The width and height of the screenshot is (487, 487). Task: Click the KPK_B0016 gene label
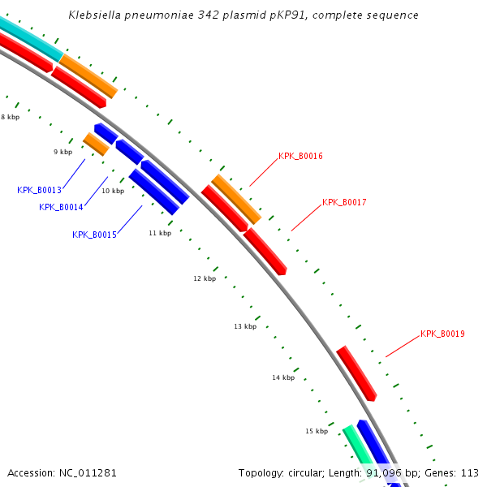pyautogui.click(x=300, y=156)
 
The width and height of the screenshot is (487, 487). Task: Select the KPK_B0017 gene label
pyautogui.click(x=344, y=202)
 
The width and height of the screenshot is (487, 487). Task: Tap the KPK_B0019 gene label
pyautogui.click(x=442, y=334)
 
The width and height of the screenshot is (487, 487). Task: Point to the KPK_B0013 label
pyautogui.click(x=39, y=190)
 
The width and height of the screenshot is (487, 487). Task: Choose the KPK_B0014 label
pyautogui.click(x=61, y=207)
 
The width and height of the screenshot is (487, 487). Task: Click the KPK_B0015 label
pyautogui.click(x=94, y=235)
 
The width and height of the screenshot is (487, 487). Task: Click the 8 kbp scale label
pyautogui.click(x=10, y=117)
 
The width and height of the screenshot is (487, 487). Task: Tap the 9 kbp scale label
pyautogui.click(x=62, y=152)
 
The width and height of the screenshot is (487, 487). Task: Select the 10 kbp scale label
pyautogui.click(x=113, y=191)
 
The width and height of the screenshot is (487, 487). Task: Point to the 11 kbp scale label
pyautogui.click(x=160, y=233)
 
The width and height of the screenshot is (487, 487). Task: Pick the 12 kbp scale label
pyautogui.click(x=205, y=278)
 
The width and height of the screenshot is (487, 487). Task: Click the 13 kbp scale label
pyautogui.click(x=245, y=326)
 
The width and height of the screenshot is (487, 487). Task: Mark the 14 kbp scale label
pyautogui.click(x=283, y=377)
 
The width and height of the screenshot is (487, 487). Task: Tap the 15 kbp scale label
pyautogui.click(x=317, y=431)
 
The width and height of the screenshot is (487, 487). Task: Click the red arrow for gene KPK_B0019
pyautogui.click(x=357, y=374)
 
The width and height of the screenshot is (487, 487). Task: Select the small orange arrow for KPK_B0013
pyautogui.click(x=96, y=144)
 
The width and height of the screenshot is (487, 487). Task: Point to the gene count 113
pyautogui.click(x=469, y=472)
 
